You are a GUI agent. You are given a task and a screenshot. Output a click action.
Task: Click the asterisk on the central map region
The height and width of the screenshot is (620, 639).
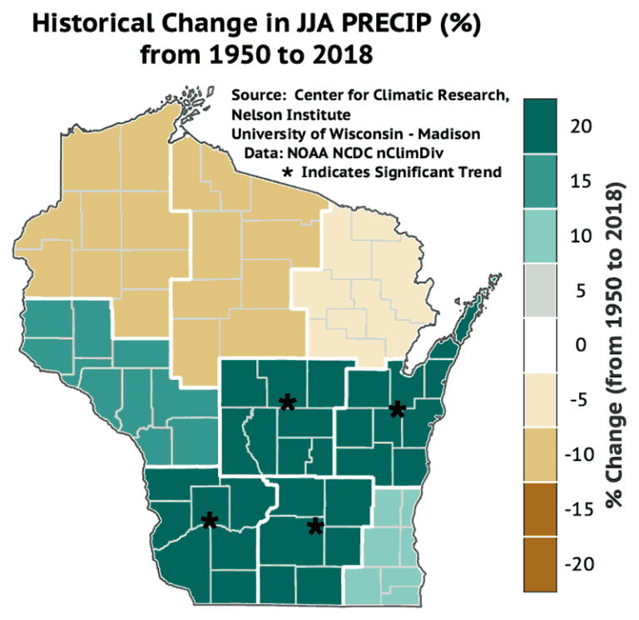(288, 403)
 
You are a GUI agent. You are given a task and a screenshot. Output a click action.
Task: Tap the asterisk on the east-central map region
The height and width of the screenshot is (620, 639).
(398, 409)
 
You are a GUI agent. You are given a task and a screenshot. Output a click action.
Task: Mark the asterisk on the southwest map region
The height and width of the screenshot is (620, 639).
(209, 521)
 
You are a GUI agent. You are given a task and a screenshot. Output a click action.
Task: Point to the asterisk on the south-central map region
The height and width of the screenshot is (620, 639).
(315, 527)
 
